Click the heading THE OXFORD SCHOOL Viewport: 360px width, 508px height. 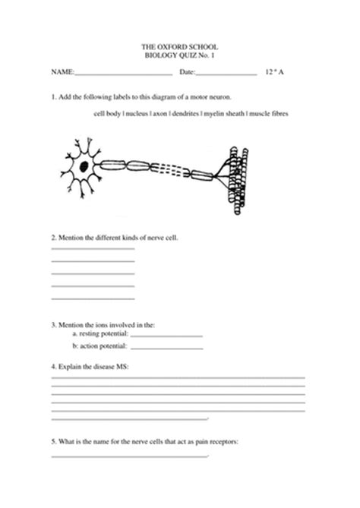180,48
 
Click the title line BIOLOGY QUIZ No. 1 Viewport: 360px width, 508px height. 180,56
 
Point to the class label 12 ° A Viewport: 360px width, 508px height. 275,73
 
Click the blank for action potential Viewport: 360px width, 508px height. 167,349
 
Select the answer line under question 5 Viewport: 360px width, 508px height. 129,456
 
